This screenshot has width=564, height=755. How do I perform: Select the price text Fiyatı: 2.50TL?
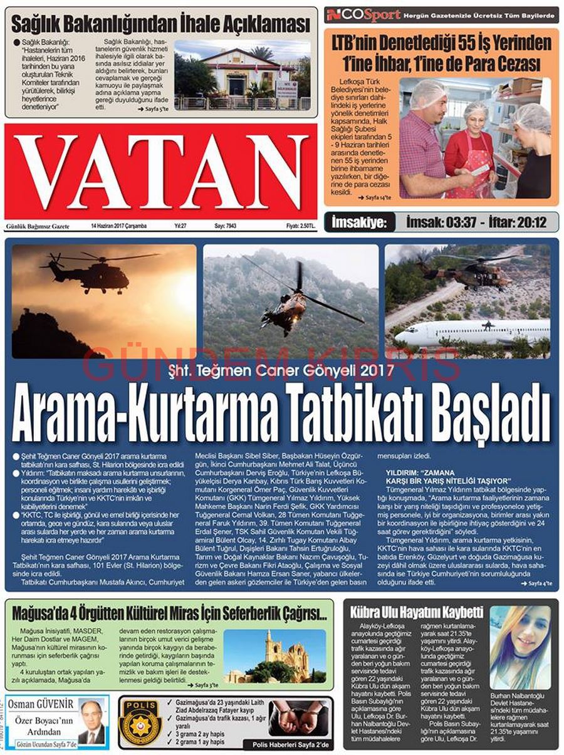pyautogui.click(x=301, y=226)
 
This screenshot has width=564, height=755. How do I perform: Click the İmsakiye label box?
pyautogui.click(x=360, y=222)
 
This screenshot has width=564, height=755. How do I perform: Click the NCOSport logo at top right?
pyautogui.click(x=363, y=14)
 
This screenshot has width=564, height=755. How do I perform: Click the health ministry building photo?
pyautogui.click(x=242, y=75)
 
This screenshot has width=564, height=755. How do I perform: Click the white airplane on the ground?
pyautogui.click(x=470, y=332)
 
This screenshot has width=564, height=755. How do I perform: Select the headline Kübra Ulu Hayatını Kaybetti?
pyautogui.click(x=416, y=612)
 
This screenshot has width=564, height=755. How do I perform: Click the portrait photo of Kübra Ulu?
pyautogui.click(x=520, y=647)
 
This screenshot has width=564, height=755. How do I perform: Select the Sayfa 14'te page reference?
pyautogui.click(x=374, y=197)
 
